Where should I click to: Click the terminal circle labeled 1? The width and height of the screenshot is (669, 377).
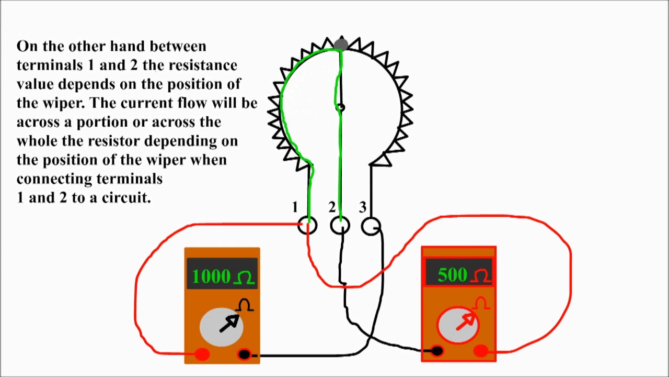(307, 226)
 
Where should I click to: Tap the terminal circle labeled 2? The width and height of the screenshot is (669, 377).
(340, 226)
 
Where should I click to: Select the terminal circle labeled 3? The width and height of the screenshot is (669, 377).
(371, 226)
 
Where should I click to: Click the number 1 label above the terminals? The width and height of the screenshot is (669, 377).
(295, 208)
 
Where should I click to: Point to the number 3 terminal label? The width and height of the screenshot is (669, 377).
(363, 208)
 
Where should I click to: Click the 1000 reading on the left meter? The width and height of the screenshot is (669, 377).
(211, 276)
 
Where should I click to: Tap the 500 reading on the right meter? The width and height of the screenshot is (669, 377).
(452, 275)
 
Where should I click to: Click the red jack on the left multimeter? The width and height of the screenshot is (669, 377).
(202, 354)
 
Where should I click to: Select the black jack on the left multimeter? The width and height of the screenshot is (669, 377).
(244, 354)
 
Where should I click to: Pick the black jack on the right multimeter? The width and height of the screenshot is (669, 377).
(437, 351)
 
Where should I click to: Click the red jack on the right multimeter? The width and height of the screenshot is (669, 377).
(481, 351)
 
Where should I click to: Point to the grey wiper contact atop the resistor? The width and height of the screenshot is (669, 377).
(341, 43)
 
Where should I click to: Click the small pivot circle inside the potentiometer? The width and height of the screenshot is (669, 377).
(340, 107)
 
